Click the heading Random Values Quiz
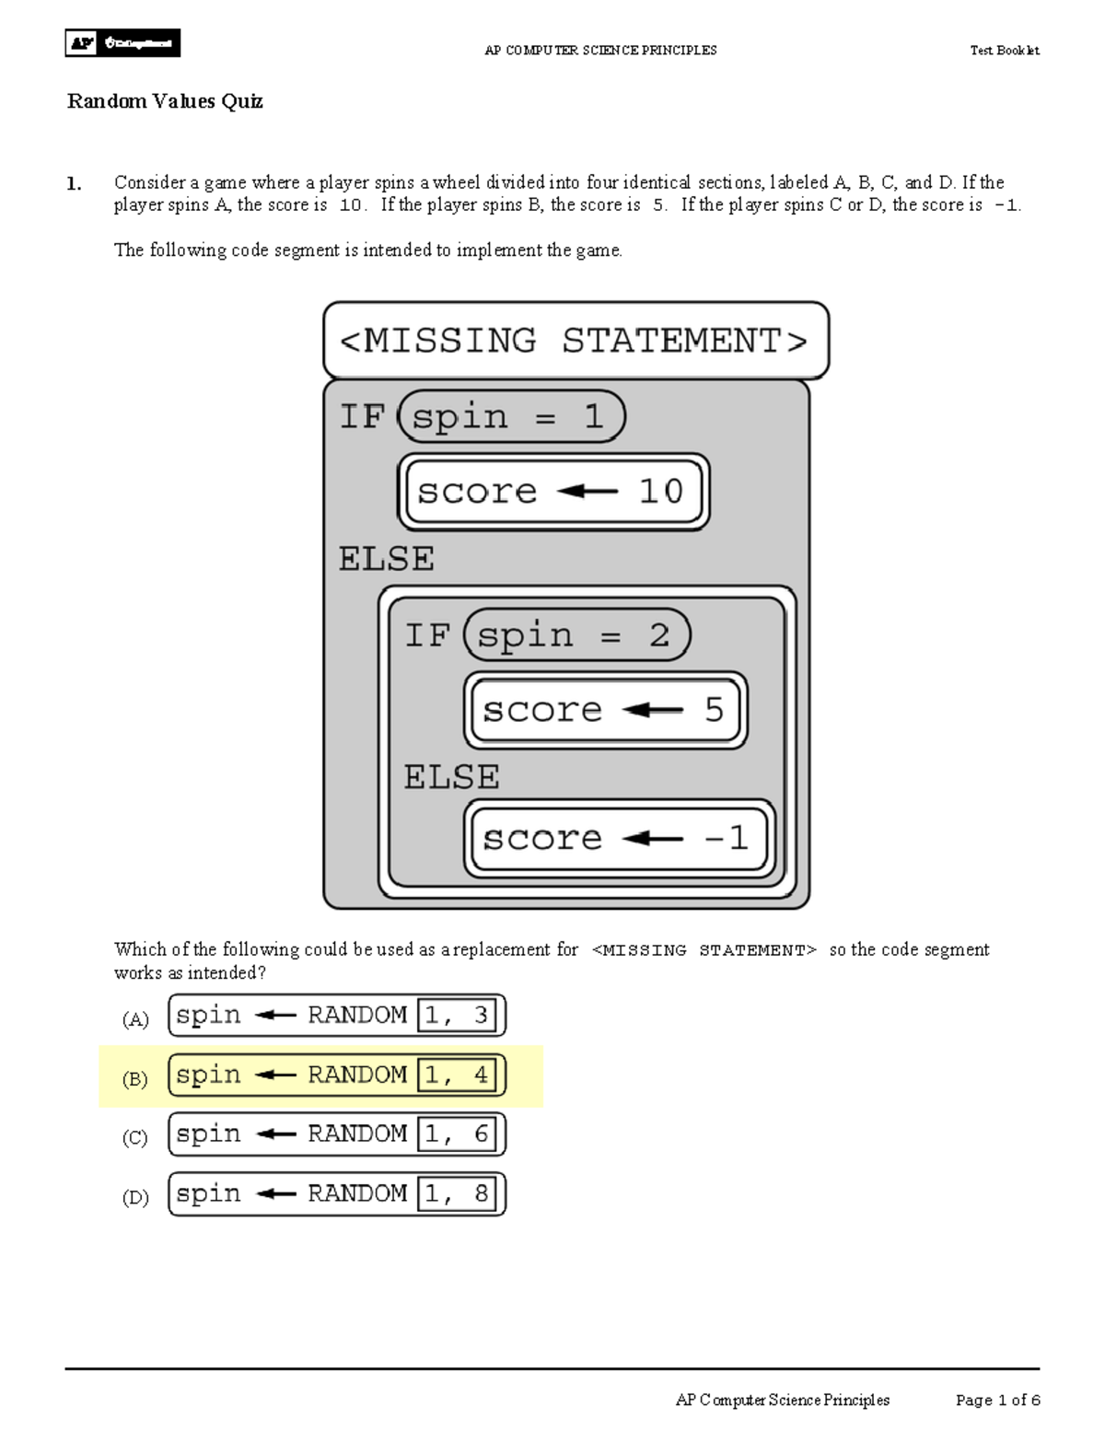click(165, 101)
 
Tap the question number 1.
click(74, 183)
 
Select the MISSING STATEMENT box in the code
click(576, 341)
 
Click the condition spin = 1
click(512, 417)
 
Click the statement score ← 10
click(552, 492)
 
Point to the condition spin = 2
click(577, 635)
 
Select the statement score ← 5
click(604, 710)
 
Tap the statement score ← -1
click(618, 838)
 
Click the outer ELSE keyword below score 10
click(386, 559)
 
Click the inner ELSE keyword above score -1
click(451, 777)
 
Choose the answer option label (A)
click(135, 1019)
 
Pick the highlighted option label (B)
click(135, 1079)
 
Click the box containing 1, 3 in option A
click(457, 1016)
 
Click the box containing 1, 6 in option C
click(457, 1134)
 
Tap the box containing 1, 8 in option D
click(457, 1194)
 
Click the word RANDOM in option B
click(357, 1075)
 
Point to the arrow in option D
click(274, 1194)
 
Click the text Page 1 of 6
click(997, 1400)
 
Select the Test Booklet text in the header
click(1004, 51)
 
